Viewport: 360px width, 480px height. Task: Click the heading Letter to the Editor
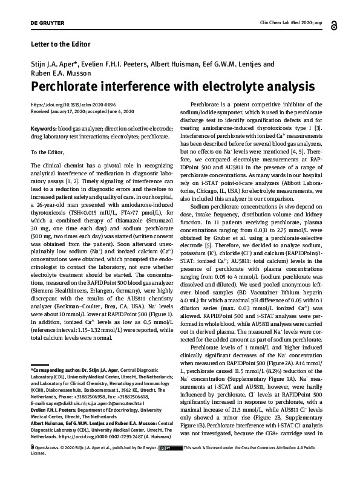[x=60, y=44]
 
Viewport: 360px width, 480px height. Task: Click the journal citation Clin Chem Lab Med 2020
[x=285, y=22]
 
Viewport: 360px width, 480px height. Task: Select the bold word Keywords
[x=43, y=129]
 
